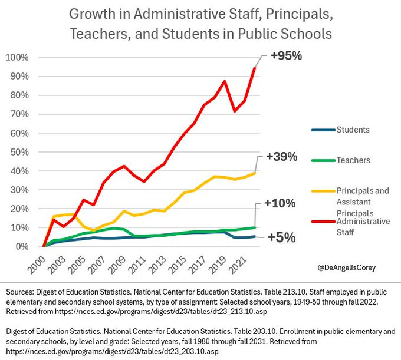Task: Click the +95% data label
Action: click(285, 57)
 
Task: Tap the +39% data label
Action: click(281, 157)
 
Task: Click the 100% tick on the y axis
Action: click(17, 58)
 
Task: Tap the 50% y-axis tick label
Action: click(18, 152)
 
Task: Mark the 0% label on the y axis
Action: click(21, 246)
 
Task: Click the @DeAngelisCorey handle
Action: click(346, 267)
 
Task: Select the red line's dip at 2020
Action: click(234, 111)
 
